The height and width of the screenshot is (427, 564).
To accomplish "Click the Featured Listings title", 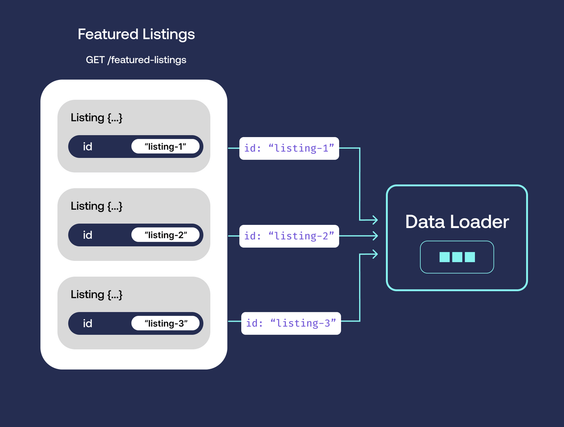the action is point(136,34).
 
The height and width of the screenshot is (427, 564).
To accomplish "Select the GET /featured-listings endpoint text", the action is point(136,60).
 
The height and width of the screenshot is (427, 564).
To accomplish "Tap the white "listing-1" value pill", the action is point(165,147).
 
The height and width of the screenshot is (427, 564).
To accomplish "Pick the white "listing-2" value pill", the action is point(165,235).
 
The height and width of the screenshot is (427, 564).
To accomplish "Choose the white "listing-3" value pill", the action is point(165,323).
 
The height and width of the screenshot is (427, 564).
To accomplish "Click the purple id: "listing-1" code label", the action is point(289,148).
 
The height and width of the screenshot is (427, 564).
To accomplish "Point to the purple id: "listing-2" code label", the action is point(289,236).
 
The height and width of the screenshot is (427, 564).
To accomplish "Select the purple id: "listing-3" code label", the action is point(291,323).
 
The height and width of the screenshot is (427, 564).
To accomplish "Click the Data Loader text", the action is point(457,221).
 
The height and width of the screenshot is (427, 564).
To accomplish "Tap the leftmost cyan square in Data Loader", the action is point(445,257).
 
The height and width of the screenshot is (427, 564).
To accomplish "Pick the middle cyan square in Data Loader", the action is point(457,257).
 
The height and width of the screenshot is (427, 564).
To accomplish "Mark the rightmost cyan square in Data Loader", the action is point(470,257).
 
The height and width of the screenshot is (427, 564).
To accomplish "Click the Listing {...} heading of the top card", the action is point(96,118).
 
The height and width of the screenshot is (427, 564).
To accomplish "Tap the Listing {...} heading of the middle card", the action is point(96,206).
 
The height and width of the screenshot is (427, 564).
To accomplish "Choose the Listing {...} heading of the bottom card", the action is point(96,295).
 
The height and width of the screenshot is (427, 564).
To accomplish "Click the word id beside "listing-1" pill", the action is point(87,147).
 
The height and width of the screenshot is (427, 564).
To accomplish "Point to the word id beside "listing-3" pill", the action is point(87,323).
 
